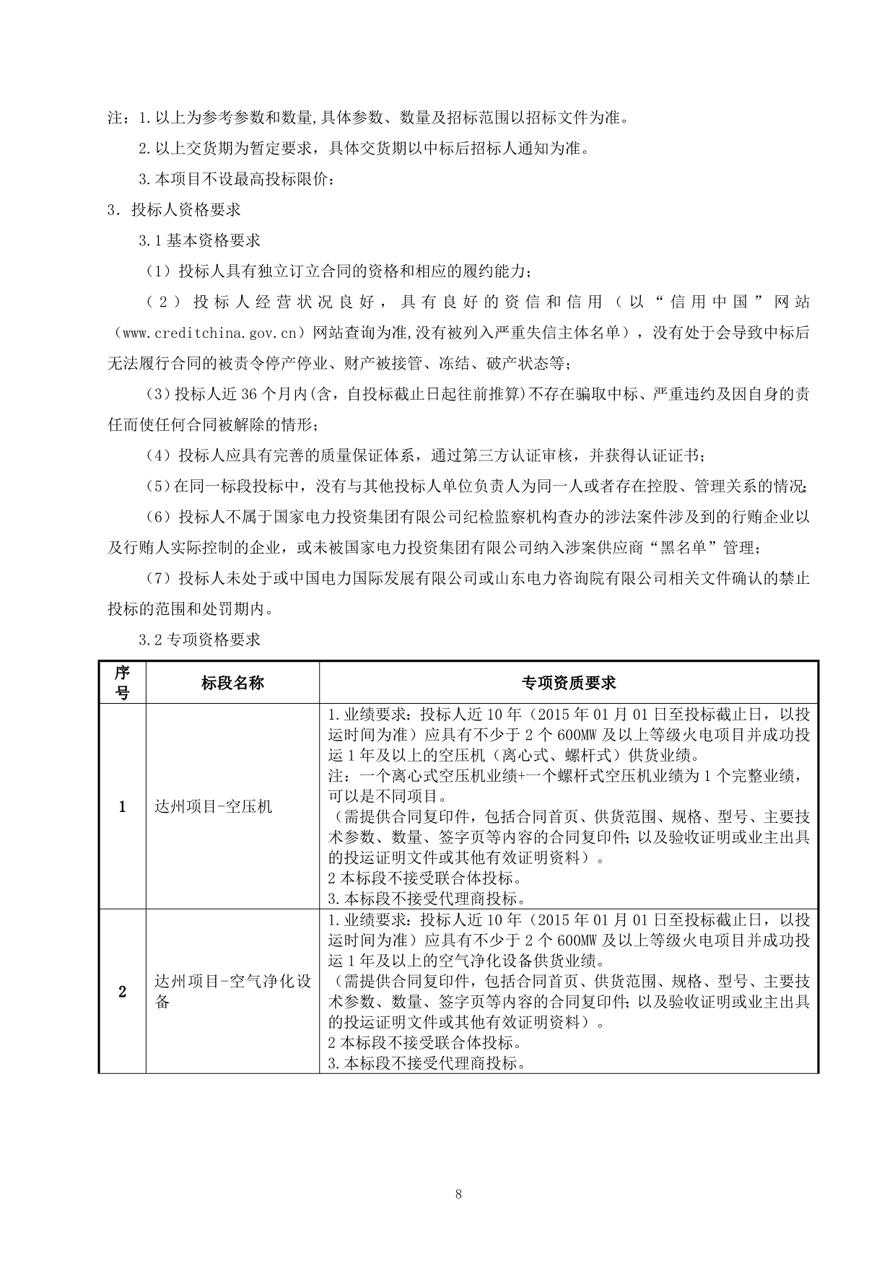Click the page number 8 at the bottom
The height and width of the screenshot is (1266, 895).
tap(458, 1194)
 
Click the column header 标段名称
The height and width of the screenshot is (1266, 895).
tap(232, 683)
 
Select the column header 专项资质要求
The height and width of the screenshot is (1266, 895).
tap(569, 683)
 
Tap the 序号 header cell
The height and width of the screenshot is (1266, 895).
tap(123, 683)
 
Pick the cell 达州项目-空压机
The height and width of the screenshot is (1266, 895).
tap(214, 807)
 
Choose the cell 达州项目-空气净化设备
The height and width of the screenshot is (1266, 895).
tap(232, 992)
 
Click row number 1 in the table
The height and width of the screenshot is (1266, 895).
tap(123, 807)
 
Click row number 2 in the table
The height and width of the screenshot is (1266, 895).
tap(123, 992)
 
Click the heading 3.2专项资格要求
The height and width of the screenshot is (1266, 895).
tap(200, 639)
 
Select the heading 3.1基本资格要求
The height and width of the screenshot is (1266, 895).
tap(200, 240)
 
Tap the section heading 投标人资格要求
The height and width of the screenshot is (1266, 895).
tap(186, 210)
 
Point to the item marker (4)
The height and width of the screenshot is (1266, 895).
tap(157, 455)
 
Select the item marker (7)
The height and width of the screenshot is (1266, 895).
tap(157, 578)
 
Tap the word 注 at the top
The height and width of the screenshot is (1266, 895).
tap(115, 118)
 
